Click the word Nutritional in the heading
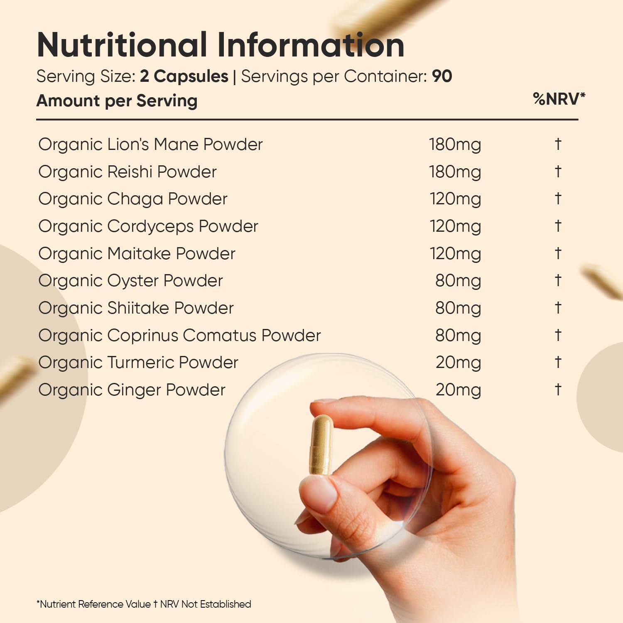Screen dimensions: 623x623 (x=122, y=44)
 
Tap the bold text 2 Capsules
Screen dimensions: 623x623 (x=184, y=76)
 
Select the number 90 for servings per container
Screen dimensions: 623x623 (x=442, y=76)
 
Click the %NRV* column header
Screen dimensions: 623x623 (x=559, y=99)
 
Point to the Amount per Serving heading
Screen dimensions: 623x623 (x=117, y=101)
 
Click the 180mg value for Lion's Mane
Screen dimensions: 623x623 (x=455, y=145)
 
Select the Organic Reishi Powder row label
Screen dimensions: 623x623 (x=128, y=172)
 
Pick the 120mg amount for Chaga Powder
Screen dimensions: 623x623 (x=456, y=199)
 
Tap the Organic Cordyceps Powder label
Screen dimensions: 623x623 (x=148, y=227)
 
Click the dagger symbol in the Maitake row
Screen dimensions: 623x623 (x=558, y=253)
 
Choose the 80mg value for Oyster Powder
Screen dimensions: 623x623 (x=458, y=281)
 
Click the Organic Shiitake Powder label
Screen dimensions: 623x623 (x=136, y=308)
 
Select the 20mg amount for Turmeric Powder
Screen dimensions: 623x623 (x=459, y=363)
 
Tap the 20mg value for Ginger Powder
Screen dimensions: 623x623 (x=459, y=390)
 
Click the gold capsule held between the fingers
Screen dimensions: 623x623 (x=321, y=445)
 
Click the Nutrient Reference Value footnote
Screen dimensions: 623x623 (x=144, y=604)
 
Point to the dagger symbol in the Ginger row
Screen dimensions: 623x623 (x=558, y=390)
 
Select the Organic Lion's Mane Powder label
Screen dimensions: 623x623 (x=150, y=145)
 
